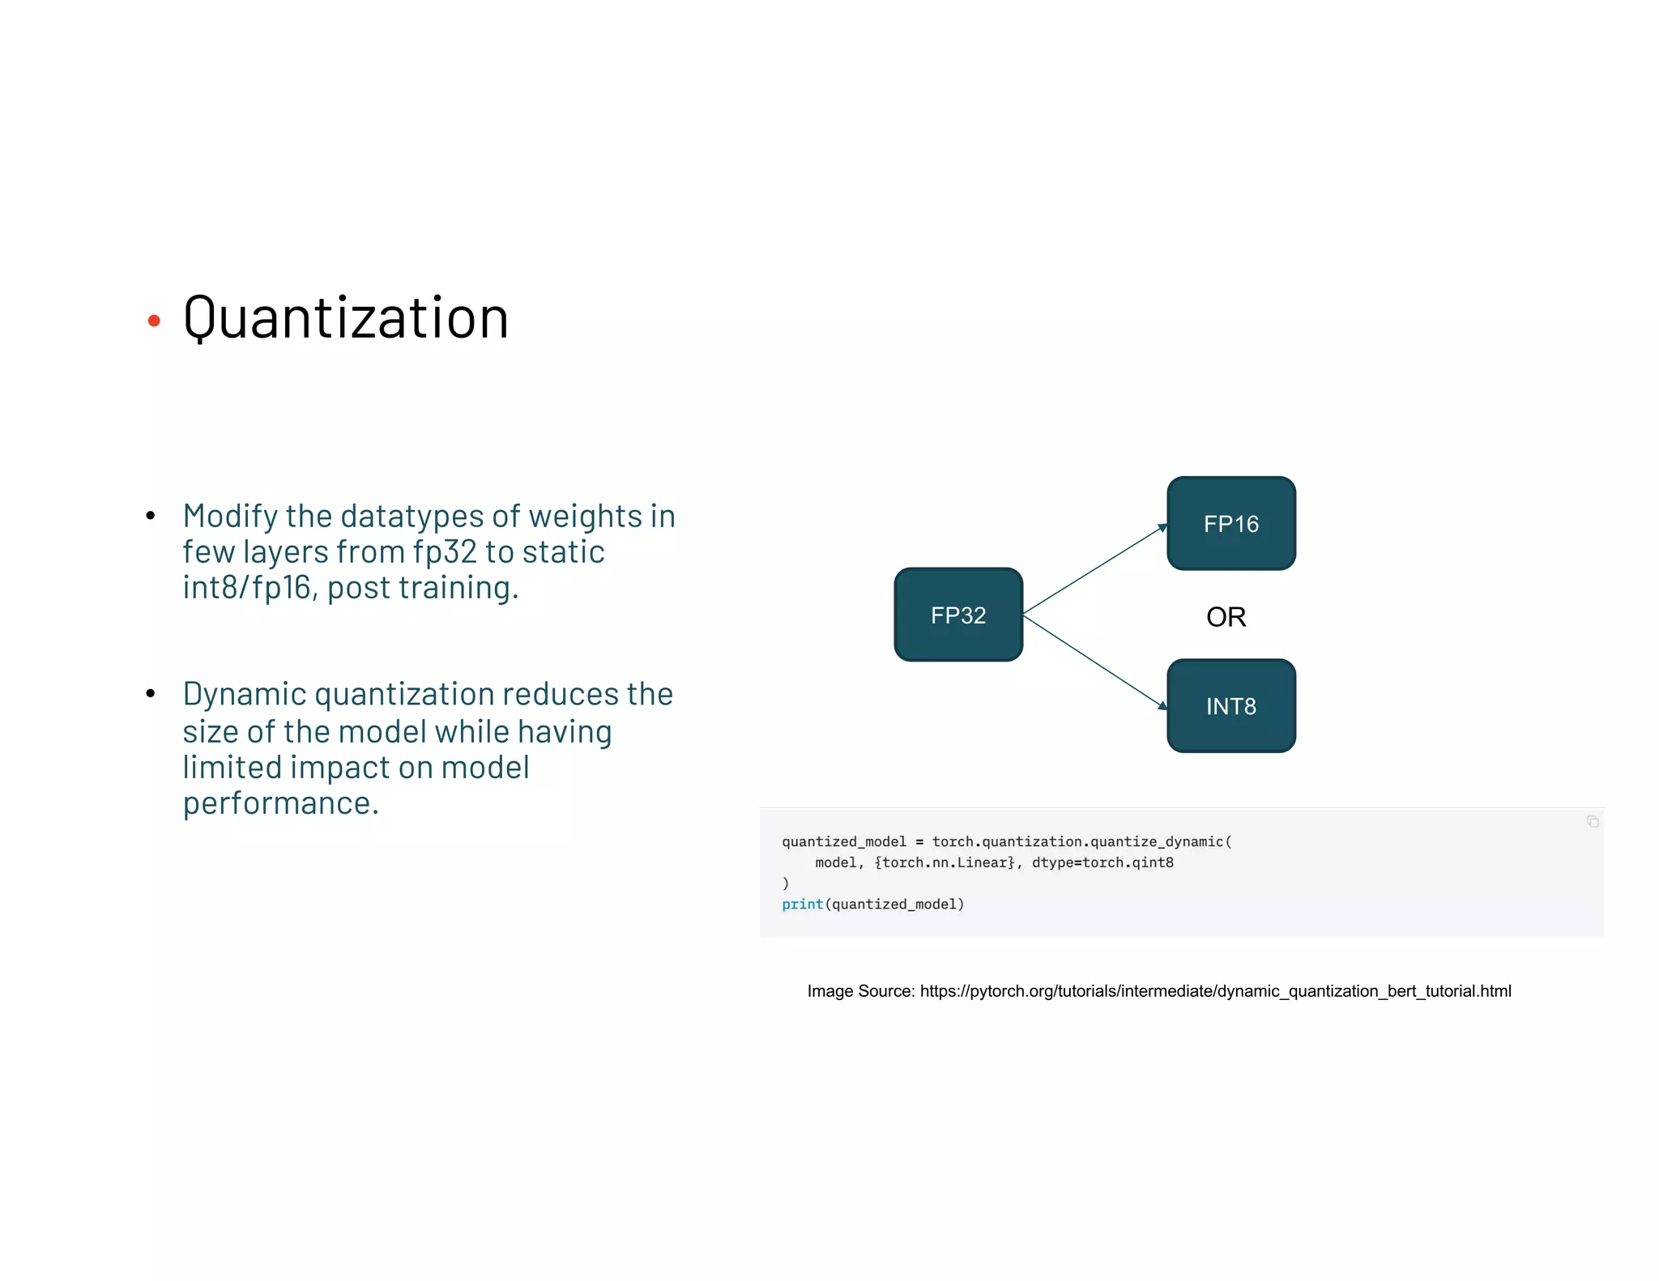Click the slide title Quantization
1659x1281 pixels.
click(x=346, y=318)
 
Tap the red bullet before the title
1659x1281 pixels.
click(x=154, y=321)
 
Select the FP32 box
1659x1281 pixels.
click(x=958, y=615)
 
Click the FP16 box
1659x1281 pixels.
click(x=1230, y=524)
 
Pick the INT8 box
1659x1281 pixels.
click(x=1230, y=706)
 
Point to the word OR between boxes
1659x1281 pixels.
click(x=1226, y=617)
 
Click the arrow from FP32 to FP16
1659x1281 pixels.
click(x=1094, y=569)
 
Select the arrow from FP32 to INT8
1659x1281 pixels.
click(x=1094, y=661)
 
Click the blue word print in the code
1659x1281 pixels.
click(x=802, y=904)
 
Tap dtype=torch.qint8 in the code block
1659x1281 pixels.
click(x=1102, y=863)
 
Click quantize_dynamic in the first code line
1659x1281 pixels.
click(x=1157, y=842)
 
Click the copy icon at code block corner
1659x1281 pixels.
click(x=1592, y=822)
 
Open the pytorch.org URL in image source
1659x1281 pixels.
click(x=1215, y=991)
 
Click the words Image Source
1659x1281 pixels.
click(x=860, y=991)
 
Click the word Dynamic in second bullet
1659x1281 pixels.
click(x=244, y=695)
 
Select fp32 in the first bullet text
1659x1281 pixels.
click(x=445, y=552)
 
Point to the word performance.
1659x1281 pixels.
click(x=280, y=803)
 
